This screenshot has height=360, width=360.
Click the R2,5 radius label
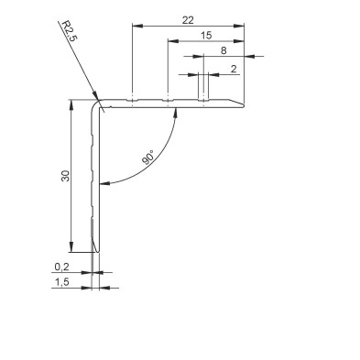click(70, 31)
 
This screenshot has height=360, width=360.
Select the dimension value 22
click(188, 20)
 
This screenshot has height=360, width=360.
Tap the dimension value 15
click(206, 36)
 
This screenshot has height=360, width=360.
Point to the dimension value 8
click(224, 50)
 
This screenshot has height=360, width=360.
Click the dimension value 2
click(234, 69)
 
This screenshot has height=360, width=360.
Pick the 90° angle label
click(149, 158)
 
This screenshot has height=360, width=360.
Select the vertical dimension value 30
click(66, 176)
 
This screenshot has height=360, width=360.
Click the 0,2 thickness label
click(62, 267)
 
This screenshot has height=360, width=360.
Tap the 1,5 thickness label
click(62, 282)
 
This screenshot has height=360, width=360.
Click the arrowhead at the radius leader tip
click(95, 95)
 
